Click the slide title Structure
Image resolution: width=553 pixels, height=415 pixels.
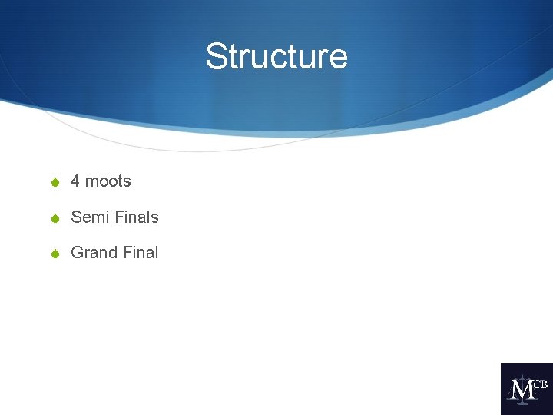[276, 57]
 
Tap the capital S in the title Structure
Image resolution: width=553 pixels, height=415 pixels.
[216, 57]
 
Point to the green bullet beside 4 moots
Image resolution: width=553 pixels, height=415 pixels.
[54, 182]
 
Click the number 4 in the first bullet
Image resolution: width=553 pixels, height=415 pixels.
[75, 181]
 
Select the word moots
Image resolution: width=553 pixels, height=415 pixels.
[108, 181]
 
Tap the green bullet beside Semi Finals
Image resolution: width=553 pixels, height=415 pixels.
[54, 217]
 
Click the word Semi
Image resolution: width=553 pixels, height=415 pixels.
[89, 217]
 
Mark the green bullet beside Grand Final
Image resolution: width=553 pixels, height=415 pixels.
[54, 253]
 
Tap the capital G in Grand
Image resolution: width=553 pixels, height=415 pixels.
[77, 252]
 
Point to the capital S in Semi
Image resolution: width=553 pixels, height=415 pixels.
[76, 217]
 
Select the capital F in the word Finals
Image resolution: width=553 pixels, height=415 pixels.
[119, 217]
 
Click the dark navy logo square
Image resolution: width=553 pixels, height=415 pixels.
[527, 389]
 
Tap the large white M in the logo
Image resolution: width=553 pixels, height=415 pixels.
[522, 391]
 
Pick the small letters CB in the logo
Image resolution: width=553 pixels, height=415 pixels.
[540, 383]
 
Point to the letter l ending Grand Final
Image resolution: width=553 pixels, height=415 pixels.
[156, 252]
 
